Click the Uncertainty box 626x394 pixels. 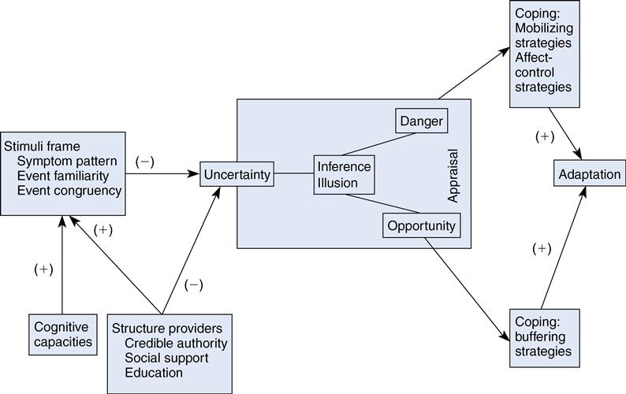(237, 174)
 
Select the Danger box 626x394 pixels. (421, 122)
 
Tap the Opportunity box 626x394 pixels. (421, 226)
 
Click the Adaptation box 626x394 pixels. (588, 174)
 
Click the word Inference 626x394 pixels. (344, 167)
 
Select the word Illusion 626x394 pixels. (337, 184)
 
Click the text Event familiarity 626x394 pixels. (69, 176)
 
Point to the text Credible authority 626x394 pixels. (176, 344)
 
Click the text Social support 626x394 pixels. (166, 359)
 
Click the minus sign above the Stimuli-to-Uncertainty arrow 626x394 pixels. (144, 162)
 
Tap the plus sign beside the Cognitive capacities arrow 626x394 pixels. (44, 269)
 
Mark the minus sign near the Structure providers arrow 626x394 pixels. (193, 284)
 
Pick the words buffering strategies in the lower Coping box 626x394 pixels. (542, 344)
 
